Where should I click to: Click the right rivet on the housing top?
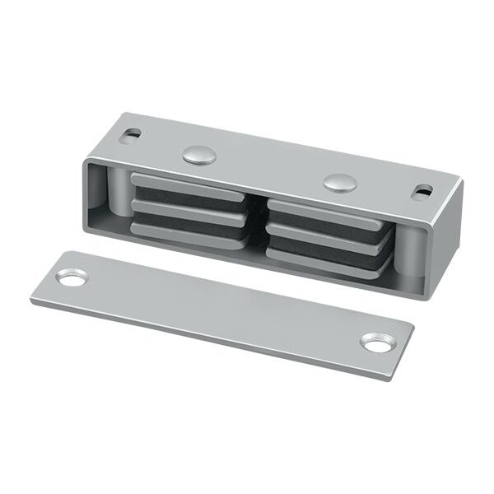pos(338,182)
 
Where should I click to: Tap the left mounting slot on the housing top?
pos(131,133)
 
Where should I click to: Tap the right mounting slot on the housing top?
pos(423,191)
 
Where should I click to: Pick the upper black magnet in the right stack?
pos(326,225)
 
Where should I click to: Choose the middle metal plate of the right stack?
pos(327,237)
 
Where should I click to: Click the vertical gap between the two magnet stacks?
pos(257,222)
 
